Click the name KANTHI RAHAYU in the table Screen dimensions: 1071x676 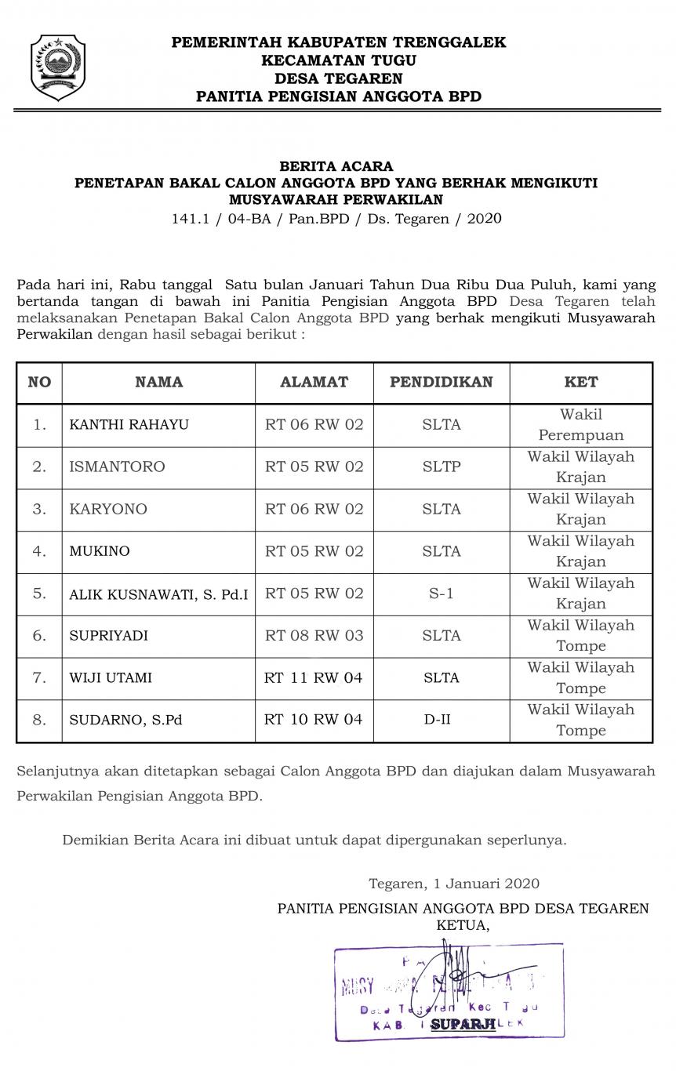(x=129, y=425)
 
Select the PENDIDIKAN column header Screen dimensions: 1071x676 (x=442, y=383)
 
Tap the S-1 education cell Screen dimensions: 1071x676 (x=442, y=594)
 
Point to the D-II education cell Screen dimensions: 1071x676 (x=442, y=719)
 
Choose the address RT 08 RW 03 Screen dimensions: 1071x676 (x=314, y=635)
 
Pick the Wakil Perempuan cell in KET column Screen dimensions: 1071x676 (x=581, y=425)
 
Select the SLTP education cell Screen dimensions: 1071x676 (x=442, y=467)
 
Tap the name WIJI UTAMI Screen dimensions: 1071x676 (x=111, y=677)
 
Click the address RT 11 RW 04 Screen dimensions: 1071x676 (x=314, y=677)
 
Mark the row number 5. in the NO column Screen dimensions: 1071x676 (x=39, y=594)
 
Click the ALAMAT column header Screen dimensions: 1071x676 (x=314, y=383)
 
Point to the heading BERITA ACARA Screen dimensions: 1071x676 (x=336, y=166)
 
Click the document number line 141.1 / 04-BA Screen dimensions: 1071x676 (x=336, y=219)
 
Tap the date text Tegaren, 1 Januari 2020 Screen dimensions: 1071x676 (x=454, y=884)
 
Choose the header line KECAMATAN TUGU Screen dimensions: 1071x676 (x=339, y=60)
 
